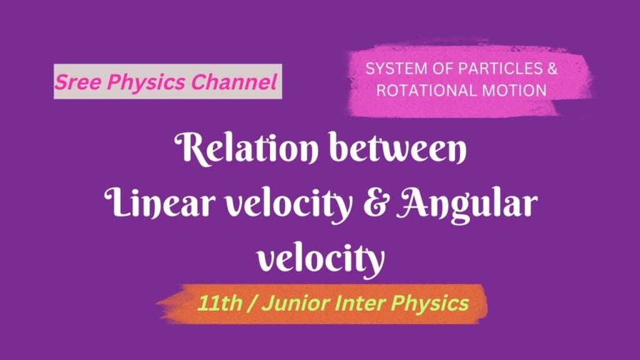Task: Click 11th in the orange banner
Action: coord(216,304)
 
